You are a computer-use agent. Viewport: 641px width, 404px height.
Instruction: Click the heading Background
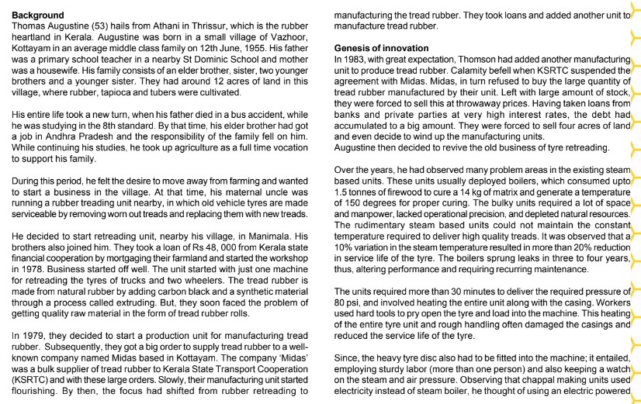click(38, 15)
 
